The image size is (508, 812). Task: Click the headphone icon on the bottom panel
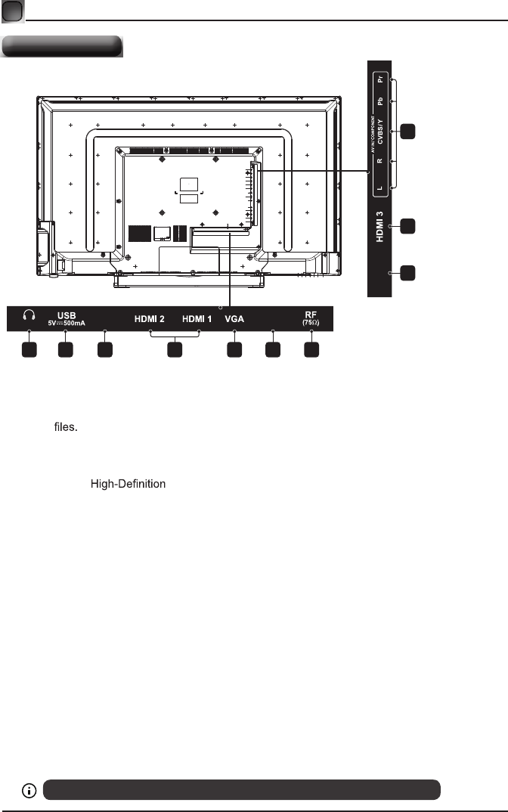point(29,316)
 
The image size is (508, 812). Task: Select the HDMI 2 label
point(150,318)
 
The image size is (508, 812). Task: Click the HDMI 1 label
point(197,318)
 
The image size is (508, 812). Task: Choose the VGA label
point(234,318)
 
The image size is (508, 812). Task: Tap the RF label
point(311,314)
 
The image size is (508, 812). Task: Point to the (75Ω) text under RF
point(311,323)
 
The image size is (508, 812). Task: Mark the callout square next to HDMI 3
point(407,226)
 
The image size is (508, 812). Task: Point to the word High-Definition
point(128,484)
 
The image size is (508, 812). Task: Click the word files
point(66,427)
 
